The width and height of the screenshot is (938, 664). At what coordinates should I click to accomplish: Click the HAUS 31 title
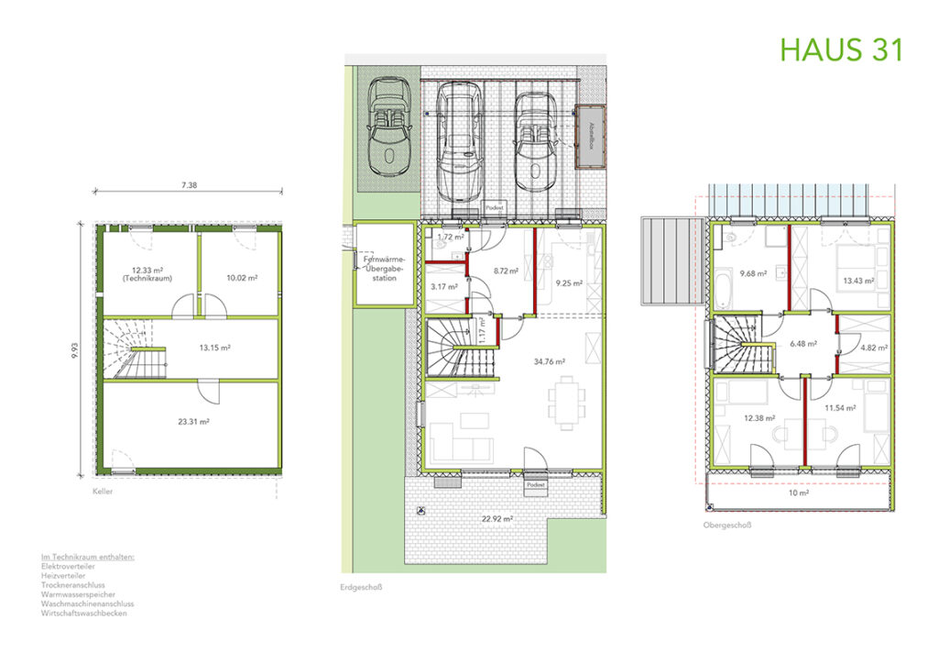[841, 49]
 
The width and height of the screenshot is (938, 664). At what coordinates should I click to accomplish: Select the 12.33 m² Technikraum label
[147, 273]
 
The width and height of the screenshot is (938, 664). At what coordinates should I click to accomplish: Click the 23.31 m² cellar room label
[193, 422]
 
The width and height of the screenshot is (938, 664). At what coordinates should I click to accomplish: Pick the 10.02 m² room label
[240, 277]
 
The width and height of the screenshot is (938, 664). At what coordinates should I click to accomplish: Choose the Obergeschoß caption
[725, 526]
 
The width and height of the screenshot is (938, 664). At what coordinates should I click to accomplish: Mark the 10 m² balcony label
[799, 492]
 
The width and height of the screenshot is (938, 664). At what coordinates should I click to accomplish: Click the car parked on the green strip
[391, 124]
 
